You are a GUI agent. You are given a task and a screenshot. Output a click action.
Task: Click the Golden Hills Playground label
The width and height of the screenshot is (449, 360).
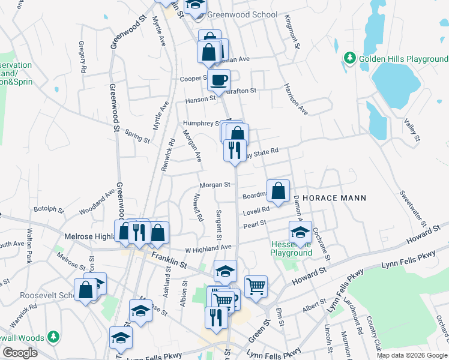[x=403, y=59]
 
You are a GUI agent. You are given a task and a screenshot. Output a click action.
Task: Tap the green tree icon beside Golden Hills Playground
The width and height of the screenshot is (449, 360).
[x=350, y=58]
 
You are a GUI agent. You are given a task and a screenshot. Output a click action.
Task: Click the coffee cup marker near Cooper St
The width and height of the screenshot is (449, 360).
[x=219, y=79]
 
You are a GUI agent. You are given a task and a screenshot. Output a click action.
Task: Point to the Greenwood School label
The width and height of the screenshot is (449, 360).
[x=243, y=14]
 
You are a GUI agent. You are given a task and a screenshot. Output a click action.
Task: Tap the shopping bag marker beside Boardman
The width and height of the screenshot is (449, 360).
[x=278, y=191]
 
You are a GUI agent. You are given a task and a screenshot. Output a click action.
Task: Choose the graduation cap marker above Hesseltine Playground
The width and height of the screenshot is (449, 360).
[x=300, y=232]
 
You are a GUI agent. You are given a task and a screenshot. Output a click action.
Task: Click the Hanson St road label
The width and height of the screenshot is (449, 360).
[x=200, y=98]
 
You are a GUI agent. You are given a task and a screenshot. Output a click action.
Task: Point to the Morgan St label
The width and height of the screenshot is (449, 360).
[x=215, y=185]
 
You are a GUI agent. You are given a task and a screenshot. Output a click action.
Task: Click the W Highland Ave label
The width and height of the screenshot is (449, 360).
[x=208, y=247]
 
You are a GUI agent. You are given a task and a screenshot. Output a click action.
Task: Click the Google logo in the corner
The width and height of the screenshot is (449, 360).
[x=19, y=353]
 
